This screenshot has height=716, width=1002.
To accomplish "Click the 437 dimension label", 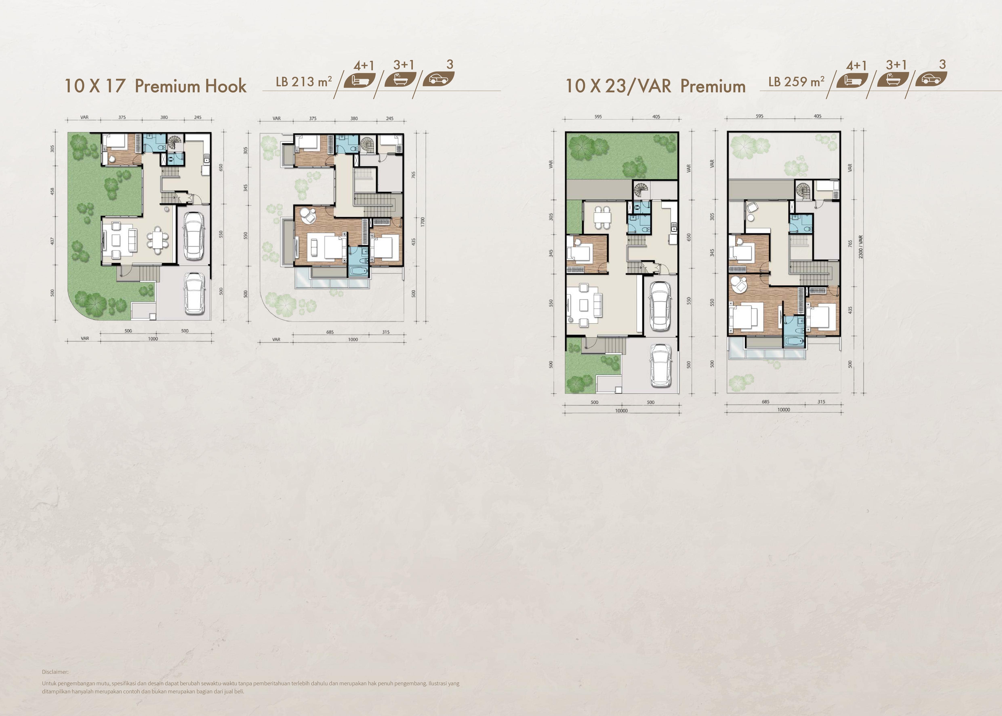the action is point(53,241).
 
